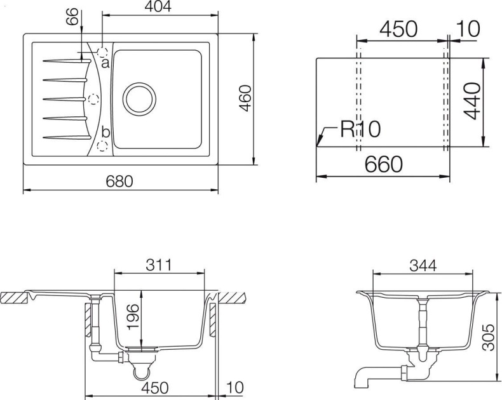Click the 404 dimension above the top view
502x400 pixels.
[x=160, y=8]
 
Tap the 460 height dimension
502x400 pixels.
[x=247, y=97]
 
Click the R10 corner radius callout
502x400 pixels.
[x=360, y=129]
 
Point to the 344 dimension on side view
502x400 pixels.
[x=423, y=266]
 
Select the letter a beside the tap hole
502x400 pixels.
[x=105, y=63]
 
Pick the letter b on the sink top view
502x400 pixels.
[x=105, y=132]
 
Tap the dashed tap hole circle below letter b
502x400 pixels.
[x=102, y=146]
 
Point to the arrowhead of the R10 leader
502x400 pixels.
[x=318, y=144]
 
